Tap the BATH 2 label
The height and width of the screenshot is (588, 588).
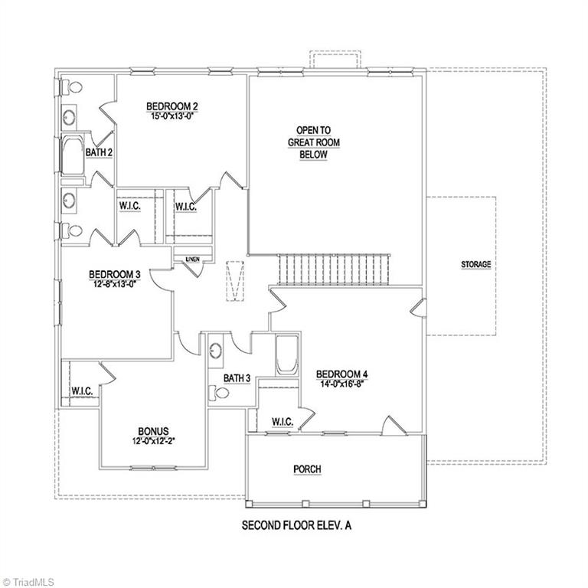(x=99, y=152)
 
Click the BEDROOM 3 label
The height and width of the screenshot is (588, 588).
(x=115, y=274)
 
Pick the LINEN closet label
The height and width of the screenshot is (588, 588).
(x=192, y=260)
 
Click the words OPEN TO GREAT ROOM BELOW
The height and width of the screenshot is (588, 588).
(x=313, y=142)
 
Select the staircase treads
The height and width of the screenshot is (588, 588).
(x=334, y=269)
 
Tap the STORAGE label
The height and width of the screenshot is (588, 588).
(x=475, y=264)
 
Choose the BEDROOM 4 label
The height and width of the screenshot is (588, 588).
(x=342, y=374)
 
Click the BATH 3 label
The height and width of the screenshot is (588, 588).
(x=237, y=378)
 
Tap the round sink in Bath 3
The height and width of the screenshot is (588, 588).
(x=217, y=351)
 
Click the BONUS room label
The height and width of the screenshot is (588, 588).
(x=154, y=431)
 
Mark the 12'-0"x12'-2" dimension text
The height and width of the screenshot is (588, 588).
(x=154, y=442)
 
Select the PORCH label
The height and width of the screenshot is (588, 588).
(x=307, y=469)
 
